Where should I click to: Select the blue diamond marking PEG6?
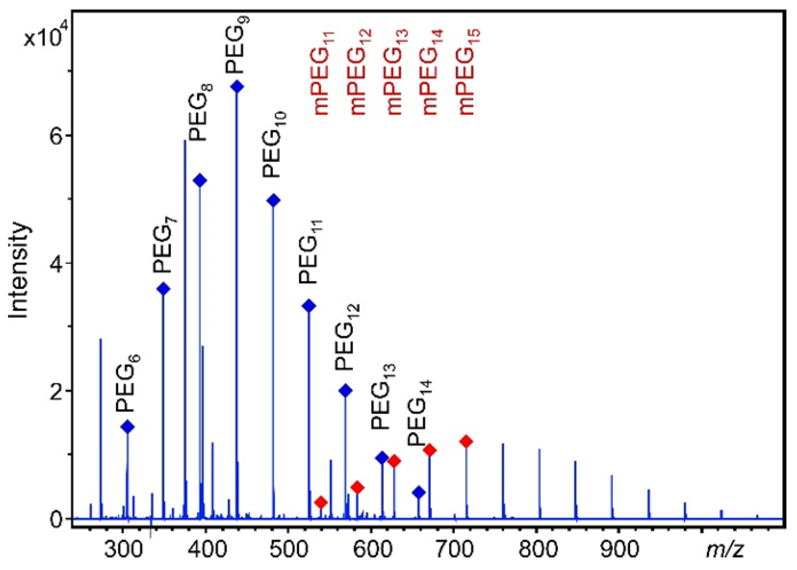(x=128, y=427)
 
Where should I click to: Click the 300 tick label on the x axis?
(x=123, y=551)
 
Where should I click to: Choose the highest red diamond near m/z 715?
(x=466, y=441)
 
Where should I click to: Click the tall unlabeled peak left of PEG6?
(x=100, y=421)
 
